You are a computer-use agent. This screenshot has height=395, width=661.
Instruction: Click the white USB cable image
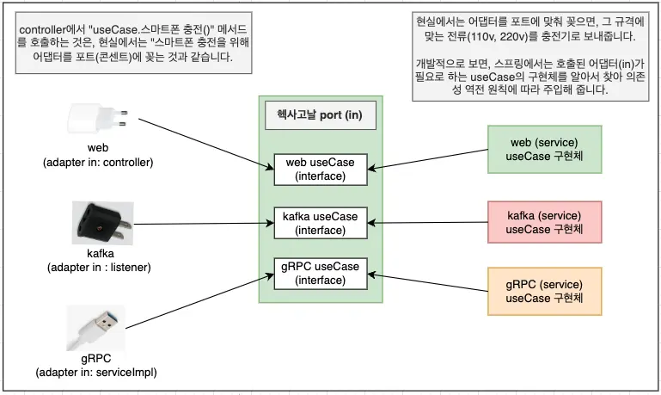coord(96,328)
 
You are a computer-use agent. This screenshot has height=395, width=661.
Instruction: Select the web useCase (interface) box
coord(320,169)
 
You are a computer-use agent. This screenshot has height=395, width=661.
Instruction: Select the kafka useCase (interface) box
coord(320,221)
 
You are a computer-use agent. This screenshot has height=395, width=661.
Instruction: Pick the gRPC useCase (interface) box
coord(320,273)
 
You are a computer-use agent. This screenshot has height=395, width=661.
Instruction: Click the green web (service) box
coord(543,148)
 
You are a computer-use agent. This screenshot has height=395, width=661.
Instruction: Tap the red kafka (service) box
coord(543,221)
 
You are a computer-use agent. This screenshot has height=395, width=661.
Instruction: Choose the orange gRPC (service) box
coord(543,291)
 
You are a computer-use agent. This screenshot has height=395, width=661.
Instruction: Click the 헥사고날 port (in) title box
coord(319,116)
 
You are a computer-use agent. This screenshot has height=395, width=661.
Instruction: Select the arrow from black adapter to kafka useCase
coord(202,224)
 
